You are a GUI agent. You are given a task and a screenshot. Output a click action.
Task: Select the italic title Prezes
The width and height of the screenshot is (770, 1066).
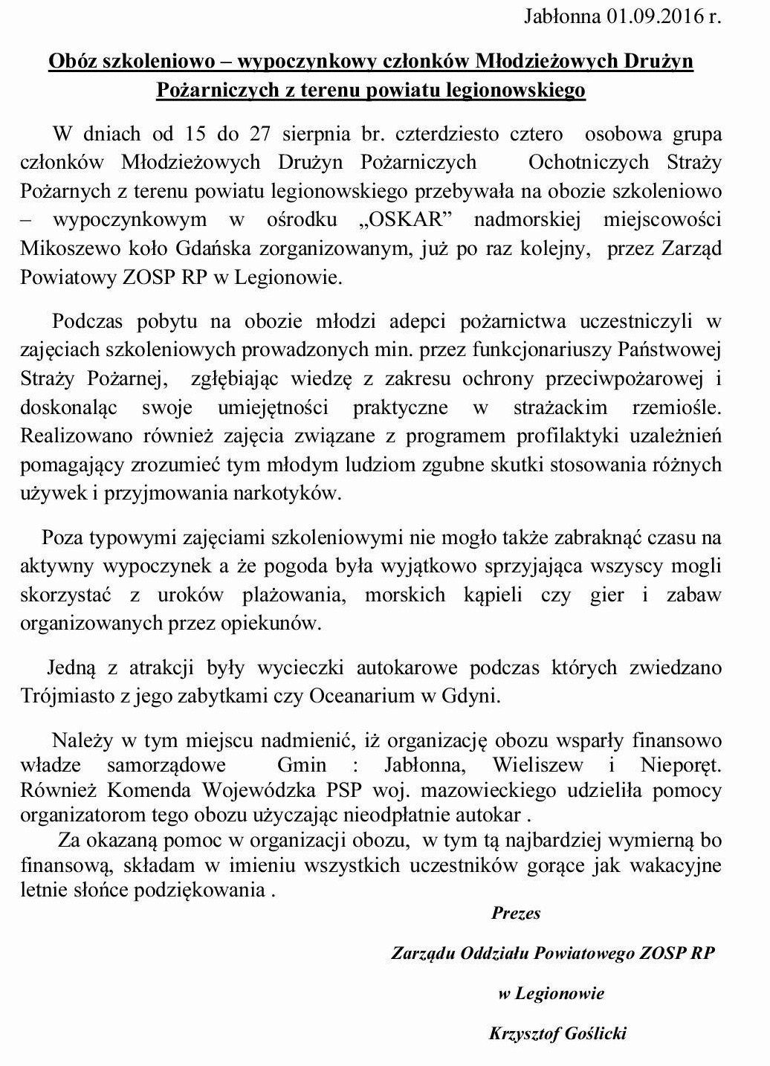[x=515, y=913]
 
